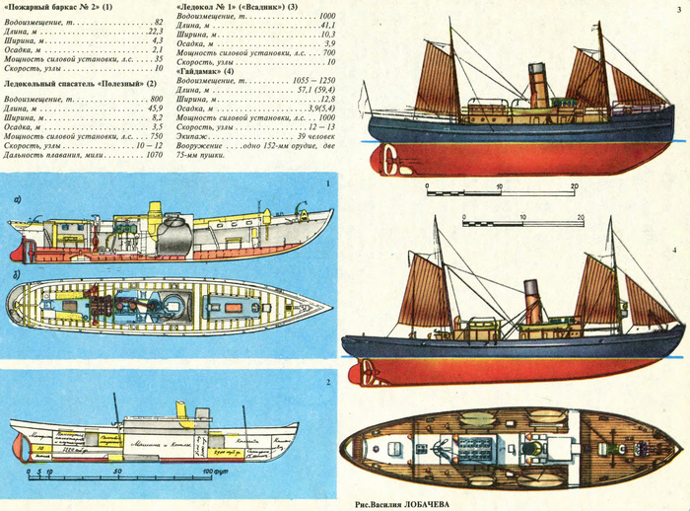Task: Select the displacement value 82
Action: [157, 21]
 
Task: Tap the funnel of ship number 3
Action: [538, 86]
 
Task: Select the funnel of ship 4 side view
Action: [532, 301]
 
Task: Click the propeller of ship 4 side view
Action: [369, 372]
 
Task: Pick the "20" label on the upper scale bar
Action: [573, 185]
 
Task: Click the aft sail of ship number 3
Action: [435, 79]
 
